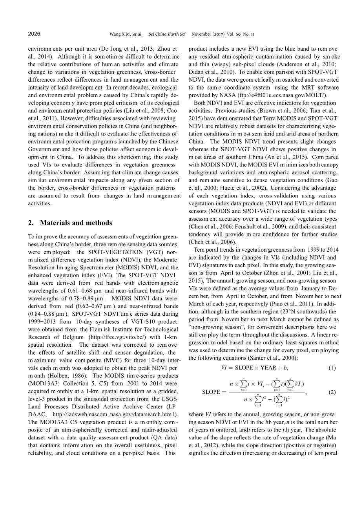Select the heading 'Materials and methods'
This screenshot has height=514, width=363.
[x=76, y=223]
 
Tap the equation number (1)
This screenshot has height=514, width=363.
[x=332, y=368]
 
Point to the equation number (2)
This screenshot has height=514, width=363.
[x=332, y=392]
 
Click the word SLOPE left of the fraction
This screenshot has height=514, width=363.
[x=211, y=392]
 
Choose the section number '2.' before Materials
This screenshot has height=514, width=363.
[x=31, y=223]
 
